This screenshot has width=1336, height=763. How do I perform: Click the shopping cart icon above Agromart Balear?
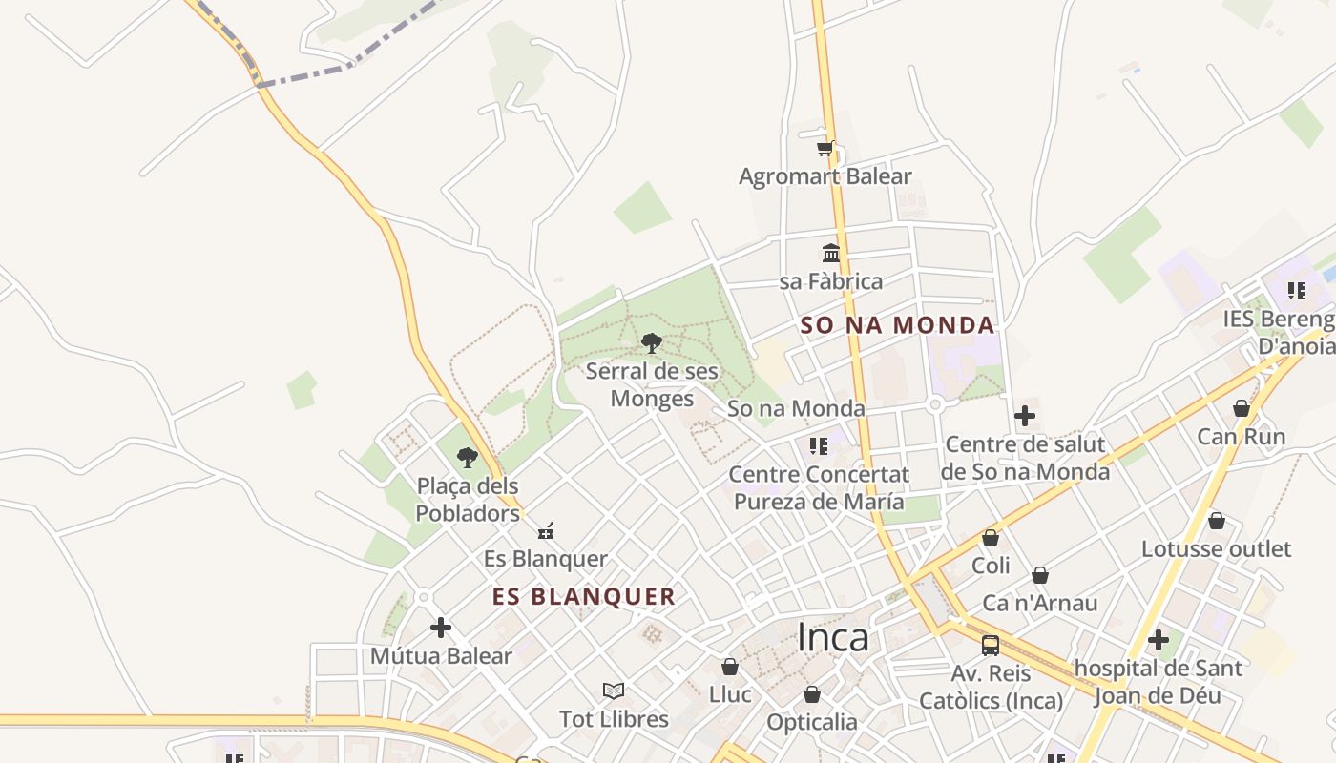pos(825,148)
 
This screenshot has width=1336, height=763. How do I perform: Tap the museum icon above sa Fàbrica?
pos(831,254)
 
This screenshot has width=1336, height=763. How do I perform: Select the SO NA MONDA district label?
pos(897,325)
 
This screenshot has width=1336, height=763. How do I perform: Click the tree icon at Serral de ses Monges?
pos(652,343)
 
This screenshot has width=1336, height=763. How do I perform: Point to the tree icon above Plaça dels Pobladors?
pos(467,458)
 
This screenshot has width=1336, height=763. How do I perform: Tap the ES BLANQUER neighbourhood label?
pos(584,597)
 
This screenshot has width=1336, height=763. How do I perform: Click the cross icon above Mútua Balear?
pos(441,628)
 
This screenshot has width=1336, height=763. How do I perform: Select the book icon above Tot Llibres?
pos(614,691)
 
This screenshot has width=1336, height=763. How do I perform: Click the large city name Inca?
pos(832,637)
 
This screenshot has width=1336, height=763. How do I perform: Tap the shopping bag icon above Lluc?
pos(730,666)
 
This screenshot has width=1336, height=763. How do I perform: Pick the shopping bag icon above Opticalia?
pos(812,694)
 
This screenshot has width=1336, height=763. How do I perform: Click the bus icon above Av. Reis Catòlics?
pos(991,645)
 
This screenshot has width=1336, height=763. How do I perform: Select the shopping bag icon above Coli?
pos(991,538)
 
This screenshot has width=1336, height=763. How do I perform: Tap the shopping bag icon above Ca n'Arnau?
pos(1040,575)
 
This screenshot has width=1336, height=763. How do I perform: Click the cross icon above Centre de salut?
pos(1025,416)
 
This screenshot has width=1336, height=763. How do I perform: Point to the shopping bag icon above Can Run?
pos(1242,408)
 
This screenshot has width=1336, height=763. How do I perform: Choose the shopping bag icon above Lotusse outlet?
pos(1217,521)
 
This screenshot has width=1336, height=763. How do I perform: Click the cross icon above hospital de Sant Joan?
pos(1159,639)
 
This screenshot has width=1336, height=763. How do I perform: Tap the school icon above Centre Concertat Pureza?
pos(818,445)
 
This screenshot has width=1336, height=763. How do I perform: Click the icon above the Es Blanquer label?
pos(546,531)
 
